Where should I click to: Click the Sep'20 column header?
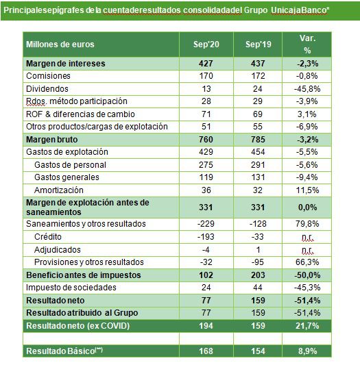point(206,45)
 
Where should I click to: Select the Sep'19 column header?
point(258,45)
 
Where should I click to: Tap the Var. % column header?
point(307,45)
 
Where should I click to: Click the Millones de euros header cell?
point(60,45)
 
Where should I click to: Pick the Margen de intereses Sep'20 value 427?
point(206,64)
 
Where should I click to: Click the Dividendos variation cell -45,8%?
point(307,89)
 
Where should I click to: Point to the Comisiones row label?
point(48,76)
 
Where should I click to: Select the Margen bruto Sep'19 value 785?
point(258,140)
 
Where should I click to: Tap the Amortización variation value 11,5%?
point(307,190)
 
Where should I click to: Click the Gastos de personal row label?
point(70,165)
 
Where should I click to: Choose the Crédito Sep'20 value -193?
point(206,237)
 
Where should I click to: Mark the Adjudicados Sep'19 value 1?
point(258,250)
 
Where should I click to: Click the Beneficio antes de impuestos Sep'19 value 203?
point(258,275)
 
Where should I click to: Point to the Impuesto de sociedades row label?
point(71,288)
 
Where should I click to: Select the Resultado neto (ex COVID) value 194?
point(206,326)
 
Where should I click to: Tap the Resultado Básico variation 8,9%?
point(307,351)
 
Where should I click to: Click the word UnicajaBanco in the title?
point(299,10)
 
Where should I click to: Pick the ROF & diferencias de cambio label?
point(80,114)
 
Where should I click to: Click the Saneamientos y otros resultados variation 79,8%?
point(307,224)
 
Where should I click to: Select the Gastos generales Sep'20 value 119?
point(206,177)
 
